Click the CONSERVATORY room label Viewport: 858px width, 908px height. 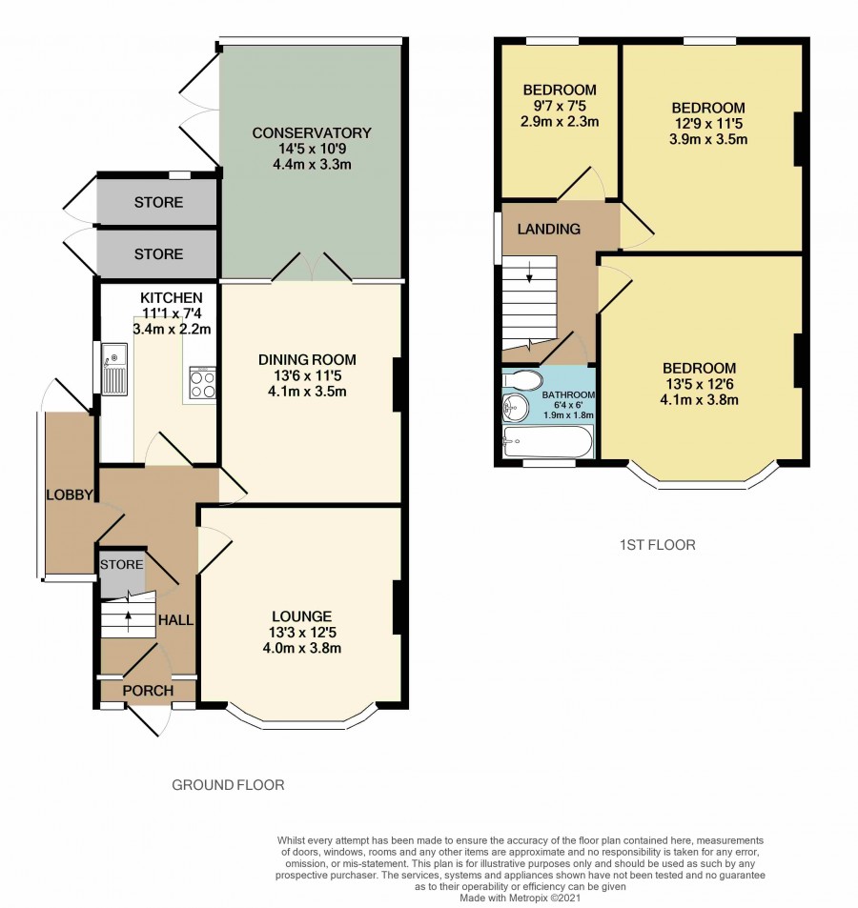tap(312, 132)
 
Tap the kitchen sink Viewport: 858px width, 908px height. tap(114, 369)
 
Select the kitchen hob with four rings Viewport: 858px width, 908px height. tap(203, 383)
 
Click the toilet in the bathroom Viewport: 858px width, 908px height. tap(522, 380)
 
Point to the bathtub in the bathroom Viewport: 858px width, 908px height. tap(548, 443)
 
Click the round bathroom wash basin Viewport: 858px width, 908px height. tap(515, 408)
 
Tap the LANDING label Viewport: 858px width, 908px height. tap(548, 230)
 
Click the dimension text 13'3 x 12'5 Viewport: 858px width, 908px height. tap(302, 633)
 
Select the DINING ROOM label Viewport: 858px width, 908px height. tap(307, 359)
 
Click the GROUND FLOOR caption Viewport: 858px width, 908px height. tap(228, 785)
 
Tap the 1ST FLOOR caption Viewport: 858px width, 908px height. tap(658, 545)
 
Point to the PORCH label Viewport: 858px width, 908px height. tap(148, 691)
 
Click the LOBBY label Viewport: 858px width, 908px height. tap(70, 495)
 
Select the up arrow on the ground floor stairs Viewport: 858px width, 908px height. tap(128, 620)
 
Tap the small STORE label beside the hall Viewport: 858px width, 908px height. tap(122, 565)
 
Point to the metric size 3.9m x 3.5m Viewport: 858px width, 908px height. tap(708, 139)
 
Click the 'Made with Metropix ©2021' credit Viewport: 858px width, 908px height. tap(521, 898)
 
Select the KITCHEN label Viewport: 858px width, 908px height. tap(172, 298)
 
